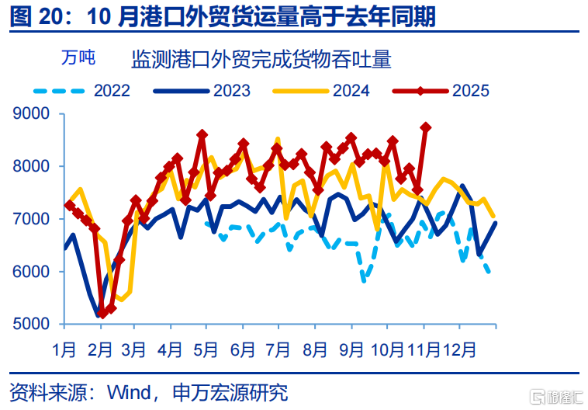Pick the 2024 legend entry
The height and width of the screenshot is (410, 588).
click(351, 91)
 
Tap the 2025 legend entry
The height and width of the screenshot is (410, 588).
click(471, 91)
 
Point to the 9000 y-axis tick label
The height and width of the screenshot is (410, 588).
click(32, 114)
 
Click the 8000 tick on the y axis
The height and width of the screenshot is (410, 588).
click(32, 166)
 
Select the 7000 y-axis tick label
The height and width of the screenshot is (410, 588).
click(32, 219)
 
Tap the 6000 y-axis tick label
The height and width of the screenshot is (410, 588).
click(32, 272)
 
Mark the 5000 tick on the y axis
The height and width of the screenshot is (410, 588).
click(32, 324)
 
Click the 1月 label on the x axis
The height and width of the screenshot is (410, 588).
click(65, 349)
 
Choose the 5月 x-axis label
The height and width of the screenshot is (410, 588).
click(206, 349)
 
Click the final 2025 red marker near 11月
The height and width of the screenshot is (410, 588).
click(425, 127)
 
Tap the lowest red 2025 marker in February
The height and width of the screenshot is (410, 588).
click(102, 313)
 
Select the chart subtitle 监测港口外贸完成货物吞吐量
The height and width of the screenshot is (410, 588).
click(261, 58)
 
